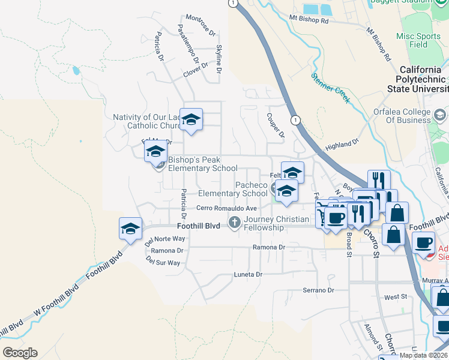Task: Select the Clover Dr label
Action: (196, 70)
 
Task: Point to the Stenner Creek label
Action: (330, 88)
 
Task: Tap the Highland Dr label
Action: (342, 143)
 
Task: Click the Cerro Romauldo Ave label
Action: (227, 208)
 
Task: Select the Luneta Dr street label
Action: (248, 275)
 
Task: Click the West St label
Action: (396, 297)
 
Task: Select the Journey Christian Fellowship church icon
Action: (234, 222)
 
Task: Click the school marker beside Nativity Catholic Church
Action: (191, 119)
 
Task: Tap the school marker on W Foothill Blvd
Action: (131, 229)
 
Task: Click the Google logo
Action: (20, 353)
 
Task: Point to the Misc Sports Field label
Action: (419, 40)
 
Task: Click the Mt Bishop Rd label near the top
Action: (309, 20)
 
